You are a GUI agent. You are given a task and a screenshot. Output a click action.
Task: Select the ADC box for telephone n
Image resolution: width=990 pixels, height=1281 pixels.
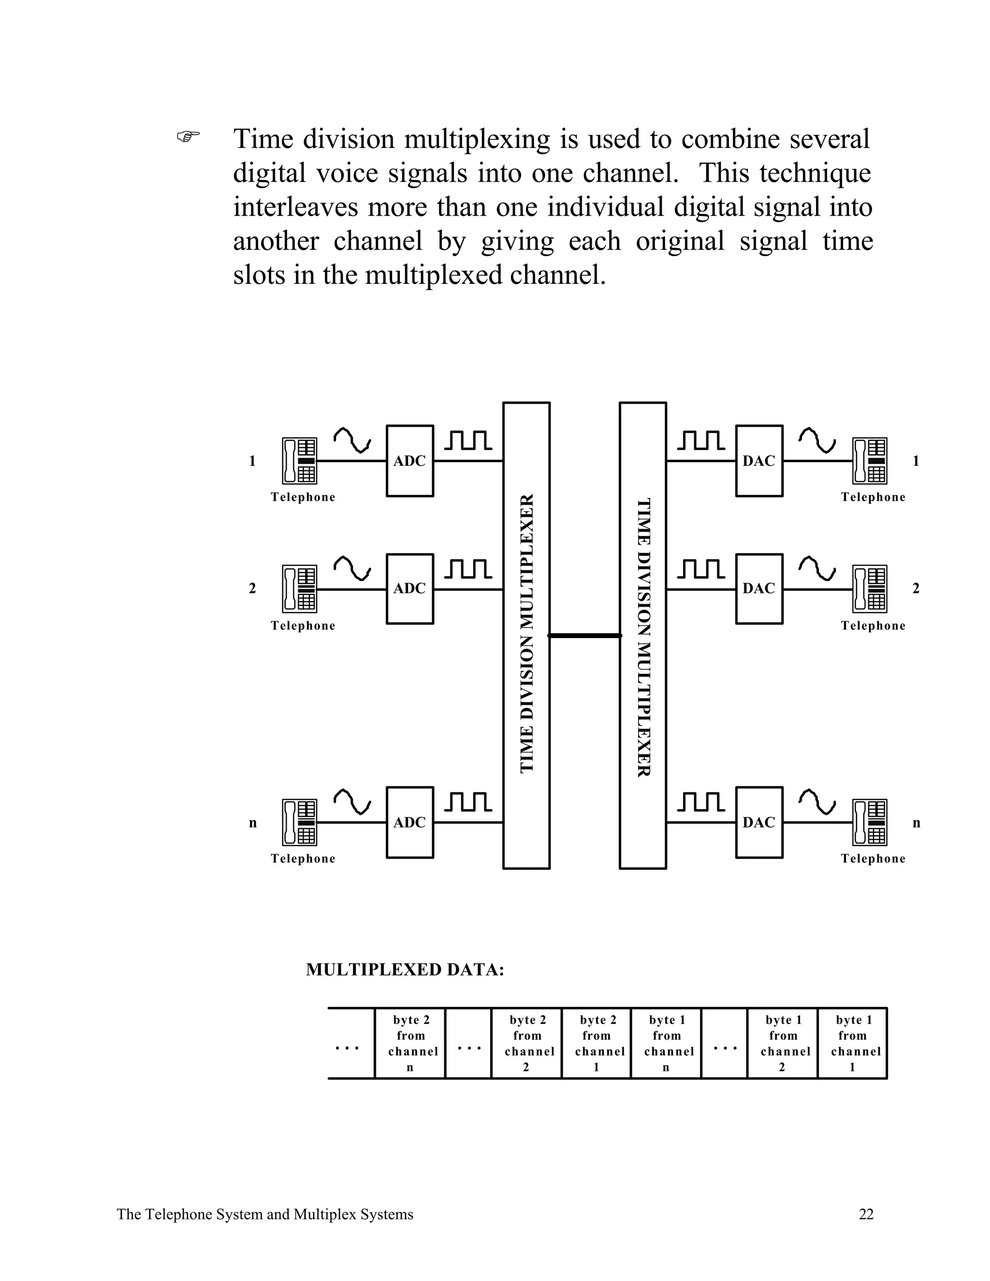[x=409, y=822]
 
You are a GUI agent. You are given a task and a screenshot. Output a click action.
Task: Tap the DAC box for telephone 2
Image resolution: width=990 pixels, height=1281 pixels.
[x=759, y=588]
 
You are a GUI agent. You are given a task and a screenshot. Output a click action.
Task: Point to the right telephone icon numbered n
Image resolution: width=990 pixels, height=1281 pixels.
[x=869, y=822]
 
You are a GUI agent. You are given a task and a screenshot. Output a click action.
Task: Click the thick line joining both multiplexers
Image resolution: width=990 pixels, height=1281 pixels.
[x=585, y=635]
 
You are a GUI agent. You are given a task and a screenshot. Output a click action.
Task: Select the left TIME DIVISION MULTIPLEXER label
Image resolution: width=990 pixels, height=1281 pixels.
[x=527, y=633]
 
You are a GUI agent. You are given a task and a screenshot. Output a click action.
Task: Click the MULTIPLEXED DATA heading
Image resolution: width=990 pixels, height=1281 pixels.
[x=405, y=970]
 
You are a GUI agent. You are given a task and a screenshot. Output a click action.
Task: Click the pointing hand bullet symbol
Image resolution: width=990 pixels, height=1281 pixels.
[x=188, y=137]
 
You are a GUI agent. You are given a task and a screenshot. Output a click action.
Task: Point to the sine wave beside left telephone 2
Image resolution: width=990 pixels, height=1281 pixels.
[x=352, y=568]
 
